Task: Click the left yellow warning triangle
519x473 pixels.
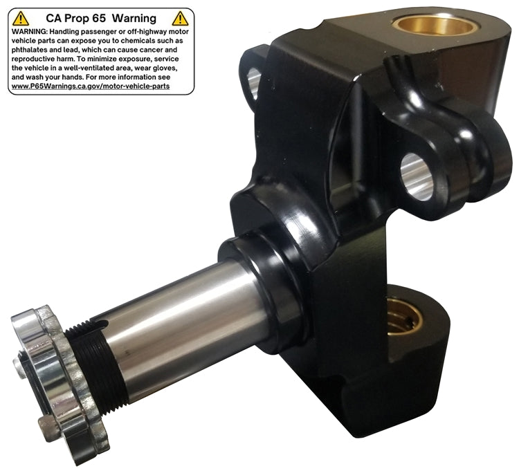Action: pyautogui.click(x=21, y=19)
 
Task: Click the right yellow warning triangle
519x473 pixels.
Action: pyautogui.click(x=180, y=19)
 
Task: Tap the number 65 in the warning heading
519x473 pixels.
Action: pyautogui.click(x=99, y=18)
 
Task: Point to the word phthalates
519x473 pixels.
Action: pyautogui.click(x=28, y=50)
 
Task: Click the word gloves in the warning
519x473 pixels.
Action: pyautogui.click(x=165, y=68)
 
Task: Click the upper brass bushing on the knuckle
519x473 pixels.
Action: pyautogui.click(x=435, y=26)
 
